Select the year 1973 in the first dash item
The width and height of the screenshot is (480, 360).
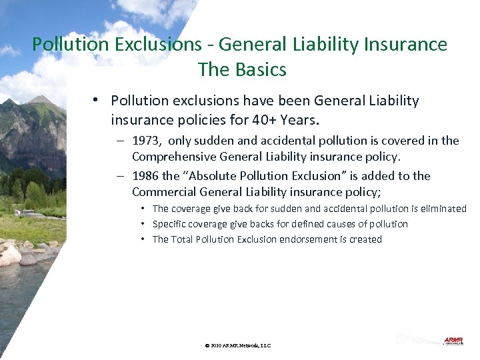pyautogui.click(x=147, y=141)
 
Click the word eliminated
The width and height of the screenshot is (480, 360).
pyautogui.click(x=441, y=209)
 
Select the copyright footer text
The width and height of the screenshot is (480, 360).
pyautogui.click(x=238, y=345)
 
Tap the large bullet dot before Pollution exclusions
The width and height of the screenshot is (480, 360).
pyautogui.click(x=97, y=100)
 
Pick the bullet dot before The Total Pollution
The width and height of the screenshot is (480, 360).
pyautogui.click(x=143, y=239)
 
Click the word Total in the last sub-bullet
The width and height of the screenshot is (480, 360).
pyautogui.click(x=182, y=239)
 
